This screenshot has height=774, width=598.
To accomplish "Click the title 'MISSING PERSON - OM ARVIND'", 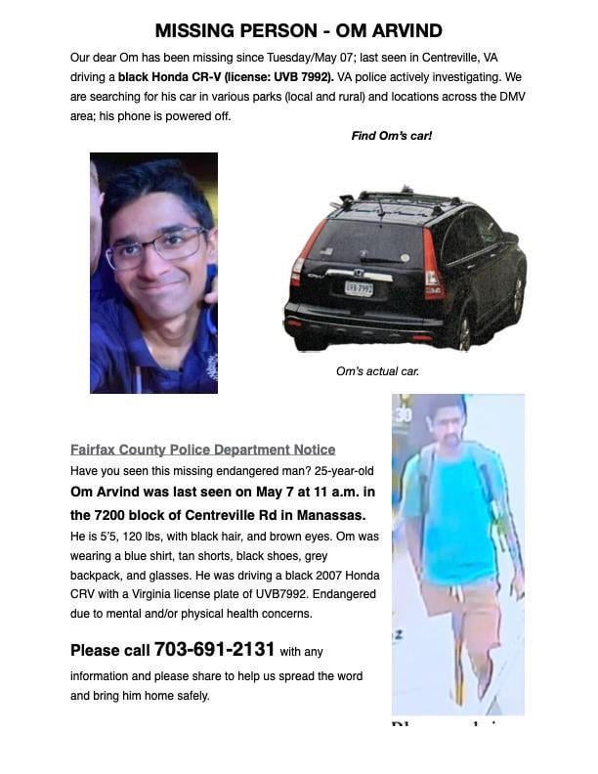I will tap(298, 30).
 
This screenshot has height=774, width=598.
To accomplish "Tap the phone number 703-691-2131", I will tap(214, 650).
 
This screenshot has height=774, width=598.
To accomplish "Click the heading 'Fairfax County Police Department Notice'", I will tap(202, 450).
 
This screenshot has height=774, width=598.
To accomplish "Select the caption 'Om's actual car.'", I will tap(377, 371).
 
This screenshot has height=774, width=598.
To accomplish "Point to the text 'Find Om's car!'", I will tap(391, 136).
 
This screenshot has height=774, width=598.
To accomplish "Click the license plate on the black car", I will tap(359, 288).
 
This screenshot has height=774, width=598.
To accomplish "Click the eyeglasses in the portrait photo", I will tap(156, 246).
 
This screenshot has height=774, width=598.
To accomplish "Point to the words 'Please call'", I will tap(109, 651).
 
